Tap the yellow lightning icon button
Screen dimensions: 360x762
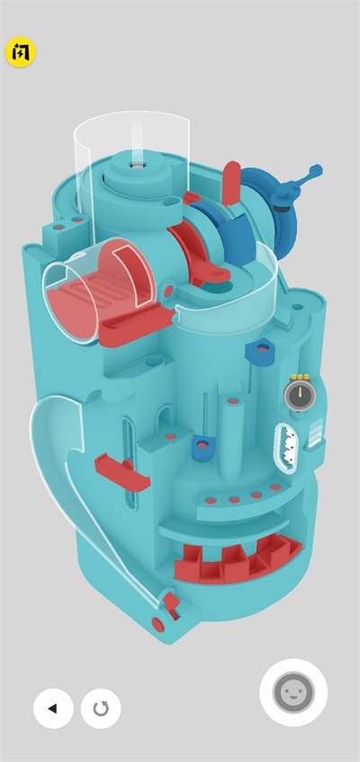pos(21,52)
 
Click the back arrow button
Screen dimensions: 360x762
pos(53,708)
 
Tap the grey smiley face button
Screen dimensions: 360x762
pos(293,693)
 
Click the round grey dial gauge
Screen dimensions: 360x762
pos(300,395)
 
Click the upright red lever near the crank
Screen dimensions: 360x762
pos(231,183)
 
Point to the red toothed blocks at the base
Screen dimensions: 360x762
pos(238,558)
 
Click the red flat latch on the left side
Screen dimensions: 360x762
pos(122,472)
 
